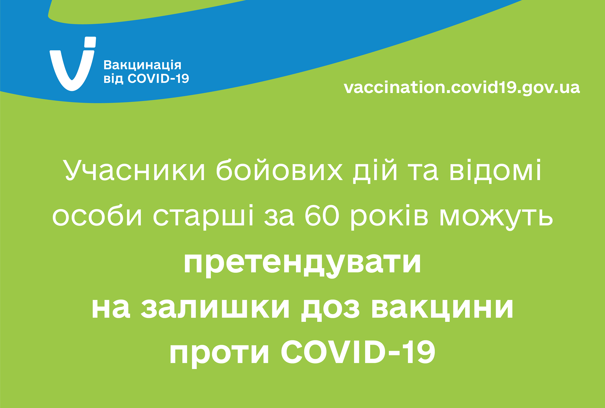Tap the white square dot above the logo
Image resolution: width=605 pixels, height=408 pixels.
90,42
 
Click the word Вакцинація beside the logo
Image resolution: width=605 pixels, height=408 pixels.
142,65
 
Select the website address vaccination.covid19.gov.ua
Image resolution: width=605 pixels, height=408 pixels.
462,88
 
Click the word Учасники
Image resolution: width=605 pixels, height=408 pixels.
135,171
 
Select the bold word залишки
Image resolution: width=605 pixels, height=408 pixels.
215,308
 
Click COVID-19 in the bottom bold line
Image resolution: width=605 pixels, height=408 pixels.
358,352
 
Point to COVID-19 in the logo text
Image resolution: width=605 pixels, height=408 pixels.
158,79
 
